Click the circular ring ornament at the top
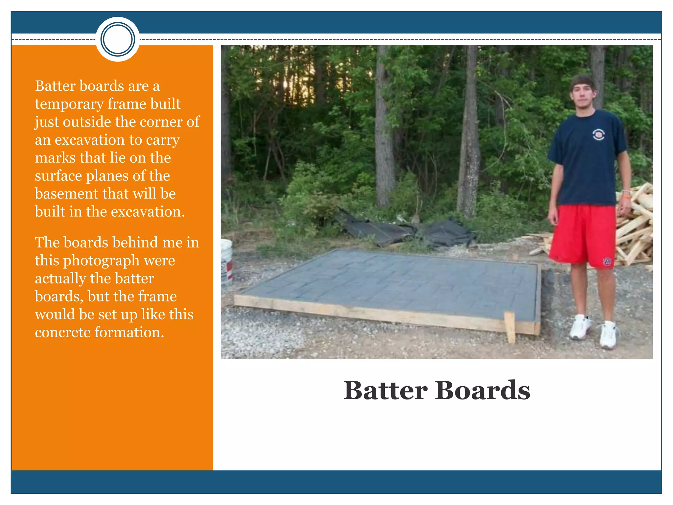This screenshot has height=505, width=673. (118, 39)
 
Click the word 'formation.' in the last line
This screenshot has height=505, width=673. (129, 332)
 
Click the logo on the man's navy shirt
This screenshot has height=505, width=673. (598, 134)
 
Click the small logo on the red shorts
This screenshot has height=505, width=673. (607, 262)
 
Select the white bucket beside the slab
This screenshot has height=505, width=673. (226, 260)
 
